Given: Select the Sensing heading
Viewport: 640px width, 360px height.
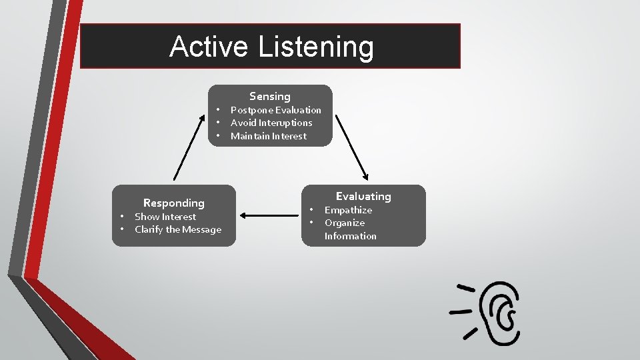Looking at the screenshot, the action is [x=270, y=97].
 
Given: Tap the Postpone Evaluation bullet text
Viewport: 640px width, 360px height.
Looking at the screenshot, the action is [x=275, y=110].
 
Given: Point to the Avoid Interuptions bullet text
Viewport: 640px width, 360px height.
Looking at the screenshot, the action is [x=271, y=123].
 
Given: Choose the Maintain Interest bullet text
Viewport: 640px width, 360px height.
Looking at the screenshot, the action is [x=268, y=136].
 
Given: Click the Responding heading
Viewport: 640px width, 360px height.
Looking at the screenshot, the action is [x=174, y=203].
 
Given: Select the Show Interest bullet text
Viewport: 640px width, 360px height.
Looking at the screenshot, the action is [x=165, y=217].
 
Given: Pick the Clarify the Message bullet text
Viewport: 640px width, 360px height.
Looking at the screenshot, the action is [x=177, y=229].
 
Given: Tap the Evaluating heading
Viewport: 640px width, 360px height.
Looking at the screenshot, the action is [x=363, y=196].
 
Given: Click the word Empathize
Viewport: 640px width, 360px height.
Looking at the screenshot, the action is [x=348, y=210].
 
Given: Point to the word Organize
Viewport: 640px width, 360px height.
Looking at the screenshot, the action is [x=344, y=223].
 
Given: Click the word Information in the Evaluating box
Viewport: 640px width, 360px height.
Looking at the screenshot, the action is [x=350, y=236].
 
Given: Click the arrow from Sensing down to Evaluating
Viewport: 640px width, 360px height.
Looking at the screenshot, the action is [x=351, y=147].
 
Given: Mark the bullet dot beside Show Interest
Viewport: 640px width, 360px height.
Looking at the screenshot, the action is [x=122, y=217].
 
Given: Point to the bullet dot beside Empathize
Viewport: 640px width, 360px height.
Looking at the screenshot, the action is [x=311, y=210].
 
